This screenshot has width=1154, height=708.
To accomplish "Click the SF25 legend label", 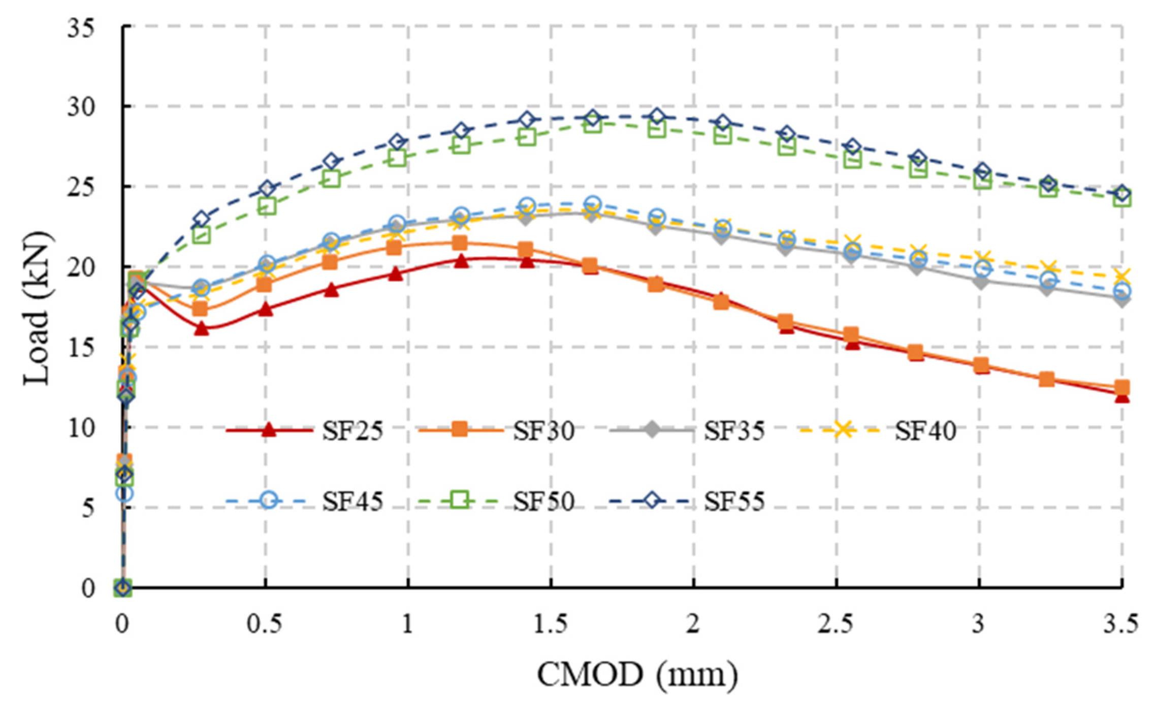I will [352, 432].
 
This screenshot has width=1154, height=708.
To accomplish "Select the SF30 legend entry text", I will [543, 432].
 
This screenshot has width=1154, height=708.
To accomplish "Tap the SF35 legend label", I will [734, 432].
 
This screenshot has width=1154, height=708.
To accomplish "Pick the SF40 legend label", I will [925, 432].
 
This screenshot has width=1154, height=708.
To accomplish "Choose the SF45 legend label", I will [352, 502].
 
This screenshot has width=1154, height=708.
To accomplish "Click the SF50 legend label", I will [543, 502].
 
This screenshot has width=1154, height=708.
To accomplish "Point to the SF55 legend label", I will [734, 502].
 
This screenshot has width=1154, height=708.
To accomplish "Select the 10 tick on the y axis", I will [81, 428].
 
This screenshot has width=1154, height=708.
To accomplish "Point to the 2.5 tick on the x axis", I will [836, 624].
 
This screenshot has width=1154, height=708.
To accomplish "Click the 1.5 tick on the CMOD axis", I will [550, 624].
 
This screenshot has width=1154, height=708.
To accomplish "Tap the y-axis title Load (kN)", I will [37, 308].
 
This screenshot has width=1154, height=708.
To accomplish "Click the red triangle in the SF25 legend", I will [269, 430].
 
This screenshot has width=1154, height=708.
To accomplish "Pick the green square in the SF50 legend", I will [460, 500].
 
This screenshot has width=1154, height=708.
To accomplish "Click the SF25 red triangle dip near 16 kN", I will [202, 328].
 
